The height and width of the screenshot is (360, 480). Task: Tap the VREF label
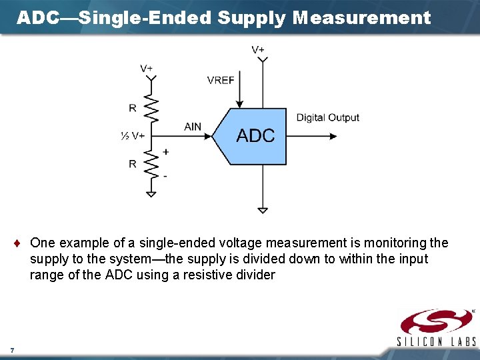(221, 80)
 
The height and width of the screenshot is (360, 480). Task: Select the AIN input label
(193, 127)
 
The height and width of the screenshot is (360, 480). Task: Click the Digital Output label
(327, 118)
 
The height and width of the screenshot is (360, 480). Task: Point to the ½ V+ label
(133, 136)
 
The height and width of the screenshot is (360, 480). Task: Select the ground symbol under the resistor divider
(151, 194)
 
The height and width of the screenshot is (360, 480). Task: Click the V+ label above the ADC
(257, 49)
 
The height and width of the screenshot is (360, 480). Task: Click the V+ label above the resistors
(146, 68)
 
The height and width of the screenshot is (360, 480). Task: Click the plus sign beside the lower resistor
(165, 152)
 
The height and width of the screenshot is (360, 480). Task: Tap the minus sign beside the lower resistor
(165, 175)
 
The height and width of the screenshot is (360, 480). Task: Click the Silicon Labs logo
(437, 327)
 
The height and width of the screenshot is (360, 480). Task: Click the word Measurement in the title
(361, 18)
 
